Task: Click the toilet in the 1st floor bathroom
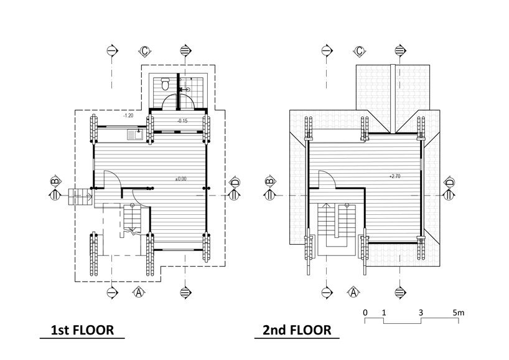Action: tap(165, 82)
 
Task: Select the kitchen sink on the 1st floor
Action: tap(134, 133)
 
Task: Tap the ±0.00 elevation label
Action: tap(181, 179)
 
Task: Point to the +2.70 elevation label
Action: tap(395, 176)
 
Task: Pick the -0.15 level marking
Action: tap(183, 120)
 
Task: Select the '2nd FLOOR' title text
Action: tap(297, 329)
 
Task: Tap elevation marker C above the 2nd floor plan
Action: tap(359, 50)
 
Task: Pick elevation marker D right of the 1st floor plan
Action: tap(235, 182)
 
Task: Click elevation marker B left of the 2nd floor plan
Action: tap(270, 182)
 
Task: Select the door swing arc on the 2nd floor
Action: tap(327, 179)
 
